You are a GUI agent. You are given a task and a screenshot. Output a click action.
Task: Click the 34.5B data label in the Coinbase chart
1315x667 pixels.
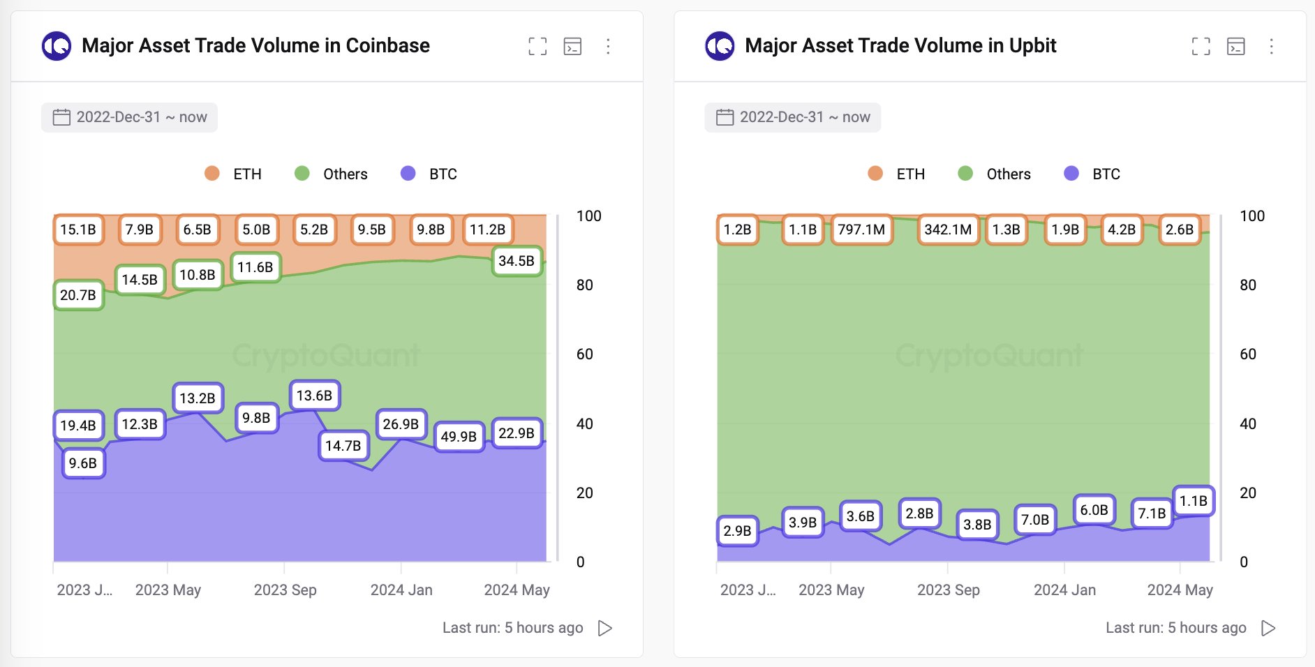[517, 261]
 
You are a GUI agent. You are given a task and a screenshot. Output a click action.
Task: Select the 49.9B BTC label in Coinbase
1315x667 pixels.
[459, 437]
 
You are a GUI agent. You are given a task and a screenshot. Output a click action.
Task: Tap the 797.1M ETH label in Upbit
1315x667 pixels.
[861, 230]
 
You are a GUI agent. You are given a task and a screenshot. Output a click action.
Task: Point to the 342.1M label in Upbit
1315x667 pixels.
[948, 230]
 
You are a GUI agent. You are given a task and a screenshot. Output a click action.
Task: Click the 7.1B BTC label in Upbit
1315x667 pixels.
[1152, 514]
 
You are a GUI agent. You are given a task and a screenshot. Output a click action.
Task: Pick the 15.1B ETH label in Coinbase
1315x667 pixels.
[78, 230]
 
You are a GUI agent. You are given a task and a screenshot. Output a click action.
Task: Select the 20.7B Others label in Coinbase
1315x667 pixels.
[78, 295]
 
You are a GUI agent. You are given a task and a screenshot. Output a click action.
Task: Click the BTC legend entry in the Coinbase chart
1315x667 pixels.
[429, 174]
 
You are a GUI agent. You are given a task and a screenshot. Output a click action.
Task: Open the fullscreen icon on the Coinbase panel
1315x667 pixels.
[537, 47]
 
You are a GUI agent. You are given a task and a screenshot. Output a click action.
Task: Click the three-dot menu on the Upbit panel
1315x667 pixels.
[1271, 47]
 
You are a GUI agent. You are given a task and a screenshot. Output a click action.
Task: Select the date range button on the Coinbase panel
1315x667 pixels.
[130, 117]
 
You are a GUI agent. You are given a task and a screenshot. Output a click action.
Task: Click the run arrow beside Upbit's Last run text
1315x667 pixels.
[1268, 628]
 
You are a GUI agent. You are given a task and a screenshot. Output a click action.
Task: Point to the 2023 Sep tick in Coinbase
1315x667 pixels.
[285, 590]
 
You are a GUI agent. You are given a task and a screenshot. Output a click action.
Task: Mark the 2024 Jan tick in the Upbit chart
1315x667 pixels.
[1064, 590]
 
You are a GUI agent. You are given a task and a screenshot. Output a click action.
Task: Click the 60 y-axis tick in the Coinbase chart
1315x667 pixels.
[585, 354]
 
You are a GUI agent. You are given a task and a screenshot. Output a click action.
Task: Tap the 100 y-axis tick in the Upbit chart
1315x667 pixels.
[1252, 216]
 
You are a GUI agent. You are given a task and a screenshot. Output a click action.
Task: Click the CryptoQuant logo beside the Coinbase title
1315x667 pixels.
[57, 47]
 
